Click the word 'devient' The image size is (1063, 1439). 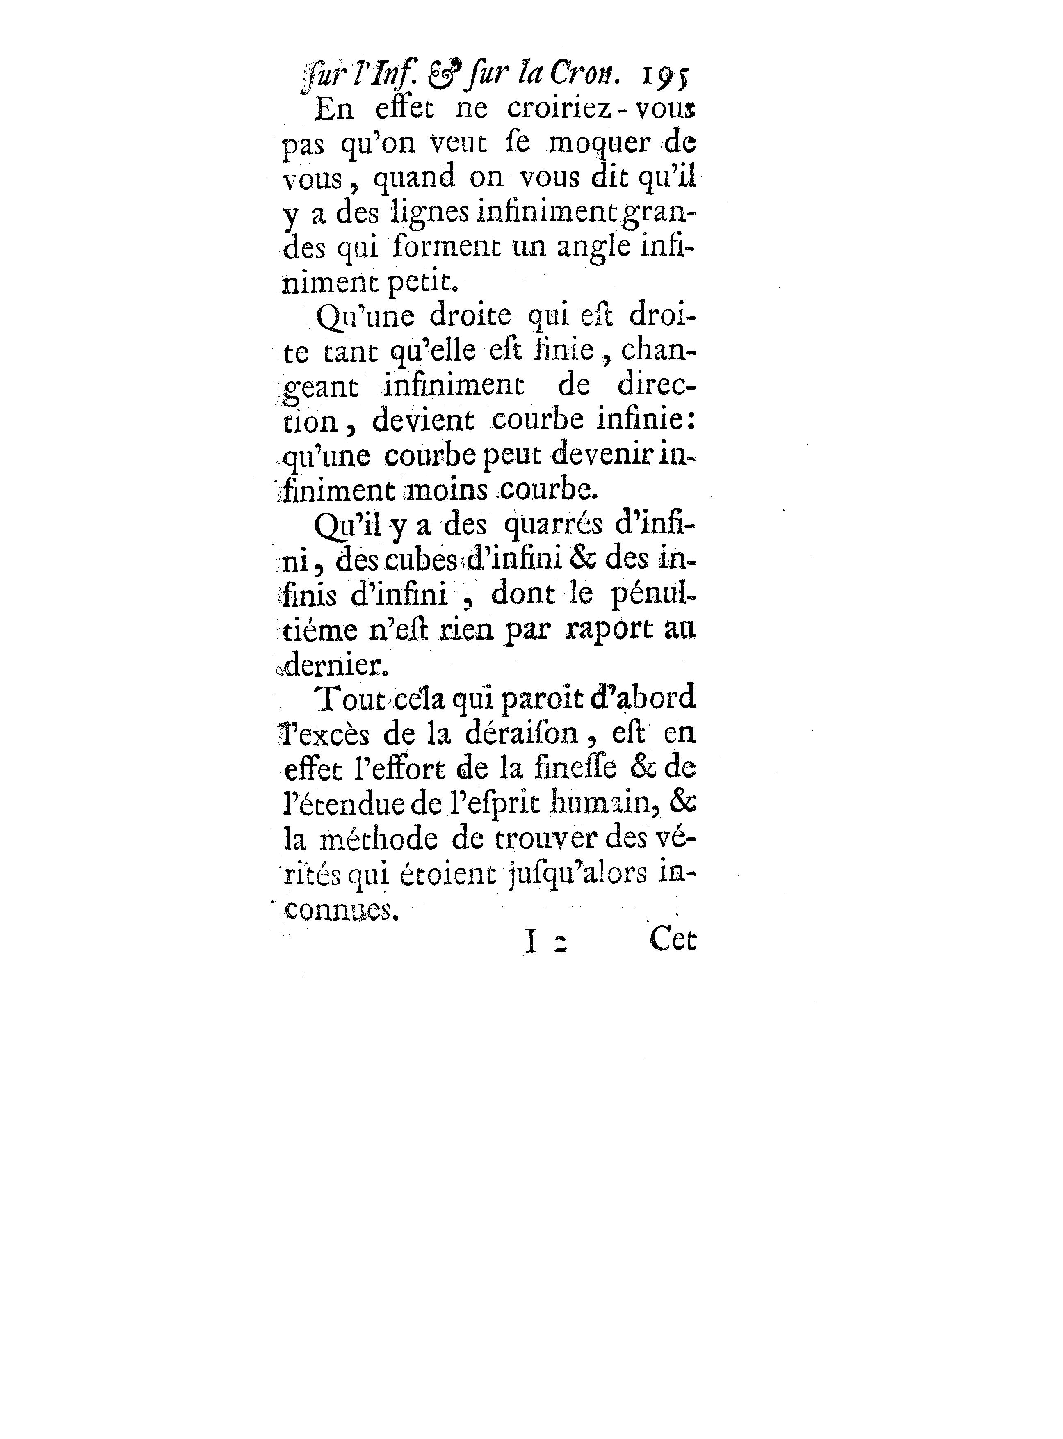(423, 422)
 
